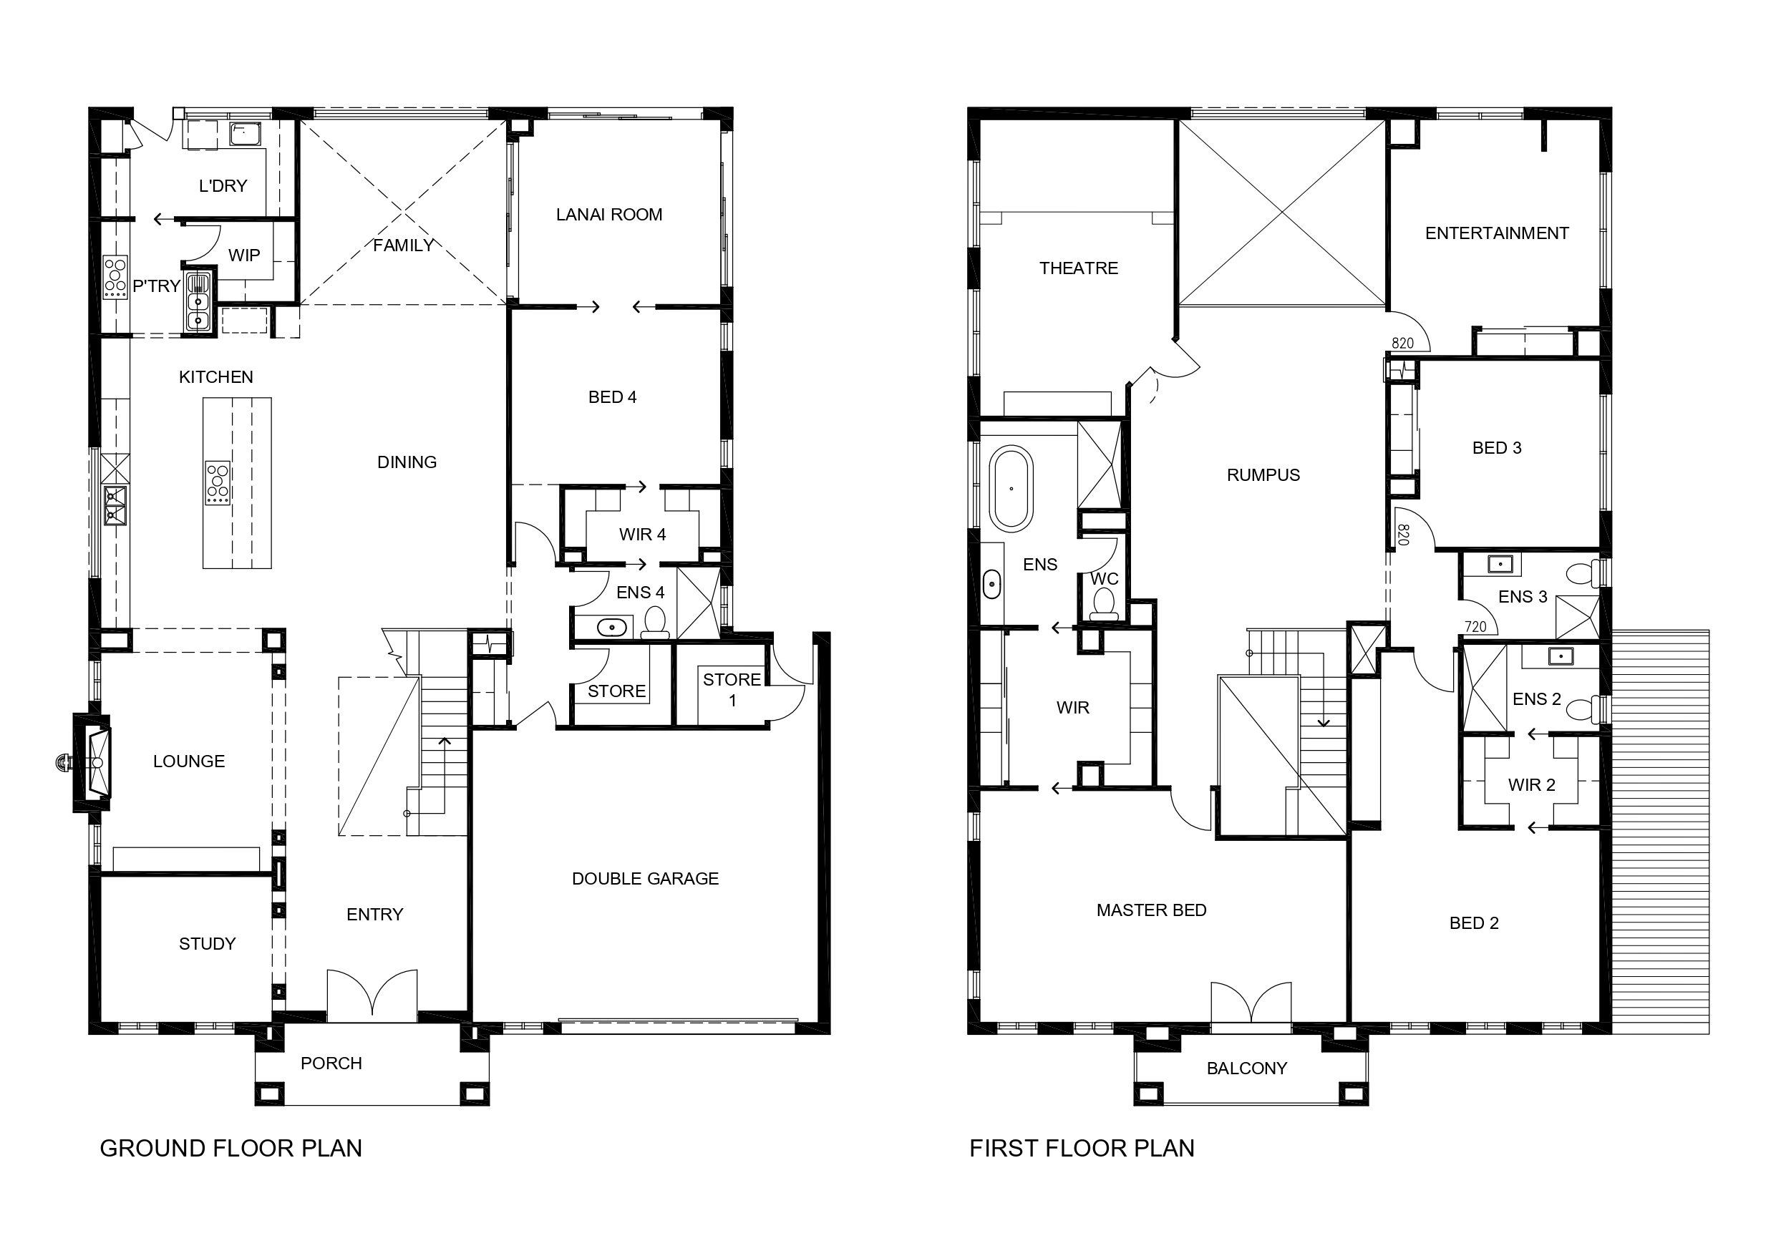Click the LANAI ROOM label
coord(608,215)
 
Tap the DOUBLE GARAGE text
coord(645,879)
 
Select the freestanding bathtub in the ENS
coord(1011,489)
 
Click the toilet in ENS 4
coord(655,623)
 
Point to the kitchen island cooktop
coord(218,482)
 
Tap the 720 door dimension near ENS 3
coord(1475,627)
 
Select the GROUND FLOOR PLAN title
coord(231,1149)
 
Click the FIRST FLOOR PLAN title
coord(1082,1149)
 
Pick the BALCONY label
coord(1247,1068)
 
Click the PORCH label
coord(331,1063)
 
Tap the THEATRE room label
coord(1078,268)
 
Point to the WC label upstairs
coord(1105,578)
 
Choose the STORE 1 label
coord(732,690)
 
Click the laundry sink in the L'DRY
coord(244,135)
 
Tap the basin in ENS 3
coord(1500,565)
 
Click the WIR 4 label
coord(642,535)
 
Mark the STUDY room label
coord(208,943)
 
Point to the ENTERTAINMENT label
coord(1497,233)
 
